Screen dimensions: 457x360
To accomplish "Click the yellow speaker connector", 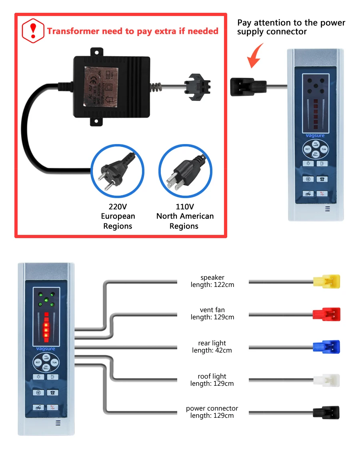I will click(327, 281).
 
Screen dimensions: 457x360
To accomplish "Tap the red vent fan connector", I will click(327, 314).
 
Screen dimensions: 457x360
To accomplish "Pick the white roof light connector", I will click(327, 380).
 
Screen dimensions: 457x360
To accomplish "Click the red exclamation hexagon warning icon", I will click(33, 31).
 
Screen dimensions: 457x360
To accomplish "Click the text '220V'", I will click(118, 207).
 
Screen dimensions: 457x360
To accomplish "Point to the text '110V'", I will click(185, 207).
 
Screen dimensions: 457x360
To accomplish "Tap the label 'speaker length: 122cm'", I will click(212, 281).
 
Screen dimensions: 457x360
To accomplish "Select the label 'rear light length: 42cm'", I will click(212, 347).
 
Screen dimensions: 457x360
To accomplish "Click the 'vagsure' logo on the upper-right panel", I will click(315, 136).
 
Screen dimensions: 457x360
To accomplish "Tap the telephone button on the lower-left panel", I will click(52, 393).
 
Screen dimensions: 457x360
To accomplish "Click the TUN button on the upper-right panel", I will click(324, 149).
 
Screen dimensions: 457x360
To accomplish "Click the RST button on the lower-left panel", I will click(38, 362).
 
